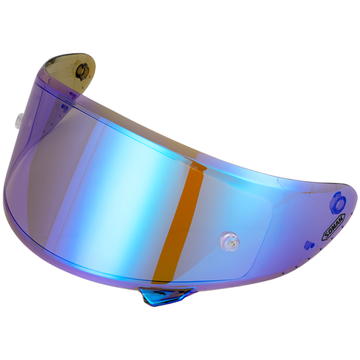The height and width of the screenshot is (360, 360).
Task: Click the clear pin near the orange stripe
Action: point(229,239)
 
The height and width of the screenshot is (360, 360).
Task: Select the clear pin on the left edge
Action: point(19,119)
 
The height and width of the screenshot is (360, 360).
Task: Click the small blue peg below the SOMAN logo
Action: point(310,244)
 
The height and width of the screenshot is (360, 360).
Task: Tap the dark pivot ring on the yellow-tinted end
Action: point(82,71)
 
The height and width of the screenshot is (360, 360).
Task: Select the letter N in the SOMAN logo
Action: point(342,218)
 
